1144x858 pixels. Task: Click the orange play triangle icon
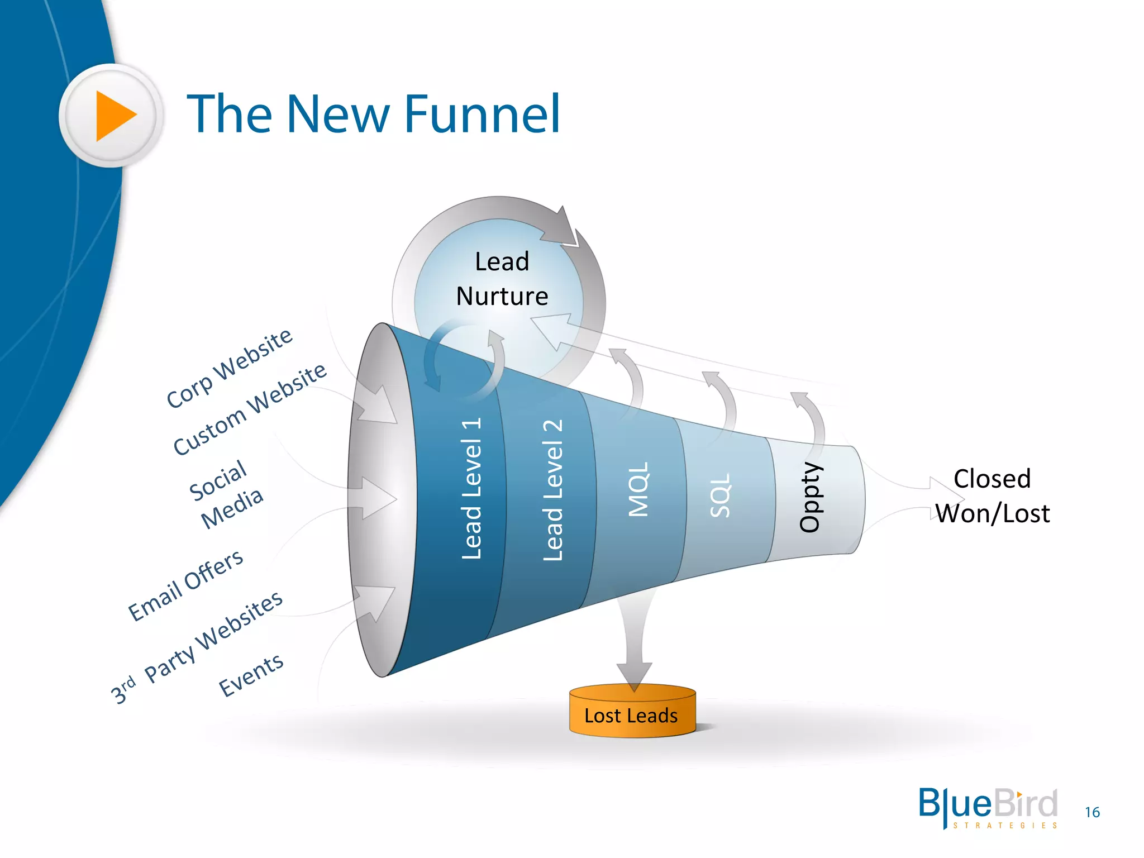click(x=115, y=116)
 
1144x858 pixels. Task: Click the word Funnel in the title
click(x=482, y=115)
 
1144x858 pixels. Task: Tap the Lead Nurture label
click(x=502, y=279)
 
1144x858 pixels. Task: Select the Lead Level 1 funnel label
click(x=471, y=489)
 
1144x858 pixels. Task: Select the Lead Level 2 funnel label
click(x=552, y=490)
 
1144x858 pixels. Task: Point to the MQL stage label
click(x=638, y=489)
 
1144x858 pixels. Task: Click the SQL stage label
click(x=719, y=495)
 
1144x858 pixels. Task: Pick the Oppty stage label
click(x=810, y=497)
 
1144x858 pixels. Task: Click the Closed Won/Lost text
click(x=993, y=496)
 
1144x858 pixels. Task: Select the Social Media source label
click(x=226, y=494)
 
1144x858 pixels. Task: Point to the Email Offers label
click(x=186, y=585)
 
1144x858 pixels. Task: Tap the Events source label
click(x=251, y=675)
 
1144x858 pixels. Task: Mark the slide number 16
click(x=1092, y=812)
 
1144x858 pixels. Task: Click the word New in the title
click(x=338, y=115)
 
